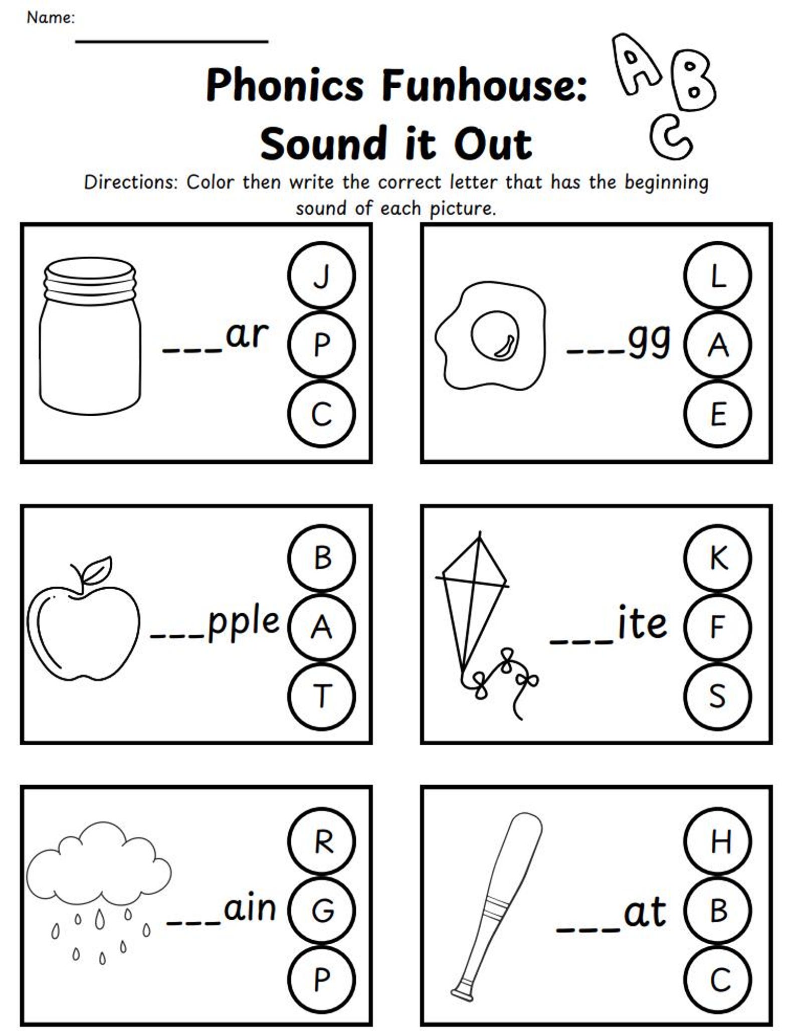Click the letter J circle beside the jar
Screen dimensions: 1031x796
tap(321, 275)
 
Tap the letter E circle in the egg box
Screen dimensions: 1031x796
tap(717, 414)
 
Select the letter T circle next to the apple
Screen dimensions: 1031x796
tap(321, 696)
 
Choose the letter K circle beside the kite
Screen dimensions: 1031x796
tap(717, 558)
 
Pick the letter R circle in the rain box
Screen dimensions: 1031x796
tap(321, 842)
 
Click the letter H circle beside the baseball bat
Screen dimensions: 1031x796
tap(717, 842)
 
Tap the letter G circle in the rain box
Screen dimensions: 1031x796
tap(321, 911)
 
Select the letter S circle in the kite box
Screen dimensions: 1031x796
tap(717, 696)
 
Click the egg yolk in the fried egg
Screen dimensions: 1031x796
tap(494, 336)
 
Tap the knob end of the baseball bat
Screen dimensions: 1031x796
tap(463, 990)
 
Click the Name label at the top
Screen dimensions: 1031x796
tap(50, 18)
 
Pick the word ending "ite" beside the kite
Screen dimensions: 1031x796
tap(642, 623)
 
